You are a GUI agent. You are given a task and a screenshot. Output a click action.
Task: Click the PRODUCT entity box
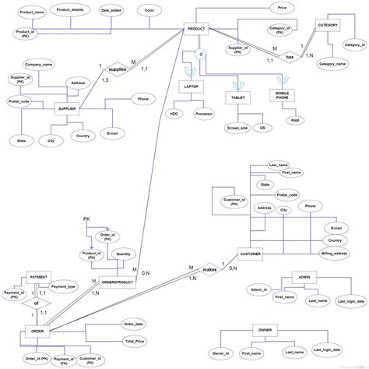click(x=196, y=29)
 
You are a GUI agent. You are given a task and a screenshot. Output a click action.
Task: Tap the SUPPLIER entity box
click(x=68, y=109)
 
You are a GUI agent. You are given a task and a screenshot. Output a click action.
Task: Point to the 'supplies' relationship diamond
click(x=116, y=69)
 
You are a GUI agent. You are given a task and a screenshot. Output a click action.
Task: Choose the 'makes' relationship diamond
click(x=209, y=269)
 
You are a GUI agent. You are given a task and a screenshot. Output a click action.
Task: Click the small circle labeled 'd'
click(x=201, y=55)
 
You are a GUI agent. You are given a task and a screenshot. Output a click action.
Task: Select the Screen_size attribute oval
click(x=233, y=126)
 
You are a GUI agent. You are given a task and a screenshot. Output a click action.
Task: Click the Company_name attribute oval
click(x=39, y=63)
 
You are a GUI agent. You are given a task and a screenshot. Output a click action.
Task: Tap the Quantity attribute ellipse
click(x=123, y=254)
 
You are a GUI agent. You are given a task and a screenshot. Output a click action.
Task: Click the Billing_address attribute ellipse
click(x=335, y=254)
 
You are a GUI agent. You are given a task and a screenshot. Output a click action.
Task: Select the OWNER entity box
click(x=265, y=330)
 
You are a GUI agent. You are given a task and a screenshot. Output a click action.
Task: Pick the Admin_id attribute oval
click(x=260, y=289)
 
